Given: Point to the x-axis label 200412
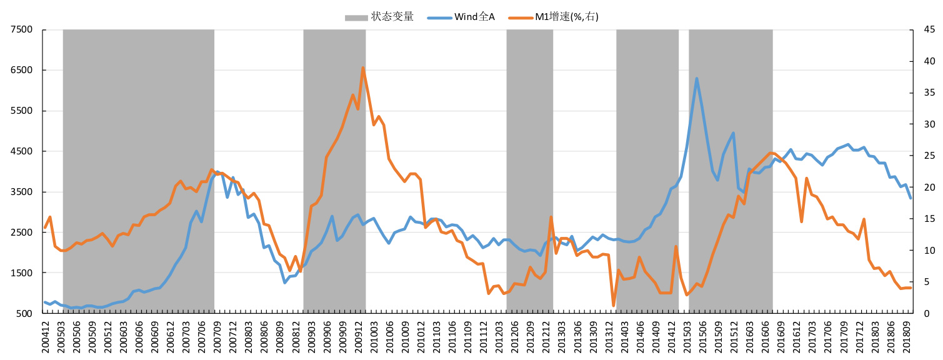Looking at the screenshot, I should [46, 338].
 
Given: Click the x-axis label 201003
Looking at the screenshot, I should [372, 338].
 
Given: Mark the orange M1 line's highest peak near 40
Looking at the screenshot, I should [363, 67].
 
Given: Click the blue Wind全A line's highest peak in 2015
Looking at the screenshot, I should [697, 79].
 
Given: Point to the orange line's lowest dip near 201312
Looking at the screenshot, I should [613, 306].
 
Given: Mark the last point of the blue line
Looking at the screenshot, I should [911, 198].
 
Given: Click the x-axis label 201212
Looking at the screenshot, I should [544, 338].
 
